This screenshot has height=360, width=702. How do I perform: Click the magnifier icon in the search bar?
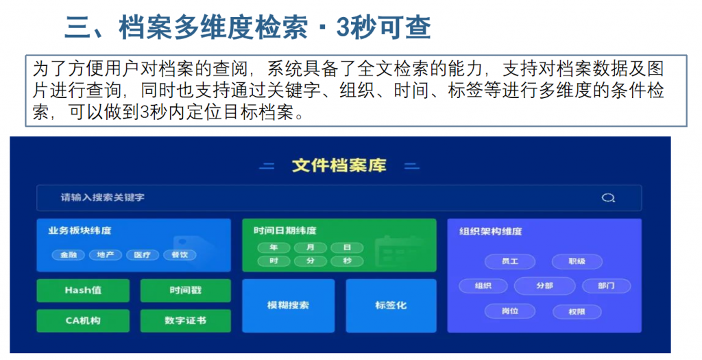[608, 197]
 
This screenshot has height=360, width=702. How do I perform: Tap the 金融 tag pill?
[69, 255]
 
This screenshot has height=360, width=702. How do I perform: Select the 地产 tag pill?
[105, 255]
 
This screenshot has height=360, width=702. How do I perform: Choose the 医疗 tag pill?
[143, 255]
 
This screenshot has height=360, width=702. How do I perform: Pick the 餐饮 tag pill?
[180, 255]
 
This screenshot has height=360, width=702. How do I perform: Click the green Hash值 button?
[83, 291]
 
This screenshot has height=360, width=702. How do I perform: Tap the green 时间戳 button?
[185, 291]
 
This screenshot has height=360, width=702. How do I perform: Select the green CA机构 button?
[83, 321]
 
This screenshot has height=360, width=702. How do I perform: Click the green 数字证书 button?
[185, 321]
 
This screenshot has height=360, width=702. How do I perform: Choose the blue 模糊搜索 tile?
[289, 305]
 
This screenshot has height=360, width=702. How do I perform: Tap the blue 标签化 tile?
[391, 305]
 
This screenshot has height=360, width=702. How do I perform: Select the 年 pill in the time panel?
[274, 248]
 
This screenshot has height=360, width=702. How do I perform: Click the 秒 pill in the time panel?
[347, 261]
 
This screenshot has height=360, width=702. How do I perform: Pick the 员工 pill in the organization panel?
[510, 261]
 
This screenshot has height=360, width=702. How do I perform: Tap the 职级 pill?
[577, 261]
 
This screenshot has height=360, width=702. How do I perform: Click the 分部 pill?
[545, 286]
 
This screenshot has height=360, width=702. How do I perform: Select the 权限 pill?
[577, 311]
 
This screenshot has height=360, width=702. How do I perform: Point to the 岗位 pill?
[510, 311]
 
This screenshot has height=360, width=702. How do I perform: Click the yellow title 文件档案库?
[339, 166]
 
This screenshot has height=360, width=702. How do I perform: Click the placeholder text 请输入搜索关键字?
[103, 197]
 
